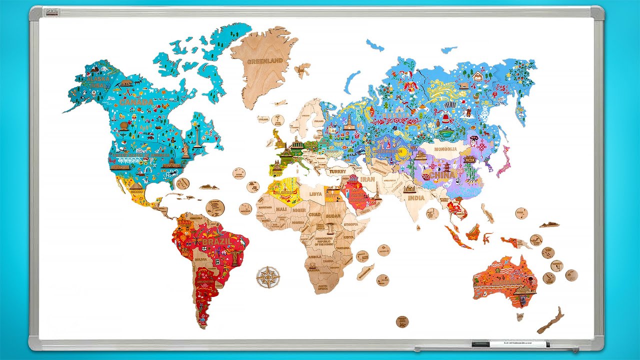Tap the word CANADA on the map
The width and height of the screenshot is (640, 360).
tap(135, 102)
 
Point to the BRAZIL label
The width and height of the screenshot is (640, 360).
tap(216, 242)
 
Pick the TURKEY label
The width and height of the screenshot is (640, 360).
tap(337, 171)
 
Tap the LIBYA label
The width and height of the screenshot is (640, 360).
tap(316, 193)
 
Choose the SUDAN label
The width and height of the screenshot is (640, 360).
tap(333, 216)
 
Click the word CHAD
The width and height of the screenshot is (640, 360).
tap(314, 214)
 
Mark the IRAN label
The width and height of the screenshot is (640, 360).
tap(367, 179)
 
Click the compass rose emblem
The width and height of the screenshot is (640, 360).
tap(268, 276)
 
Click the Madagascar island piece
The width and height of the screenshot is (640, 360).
tap(365, 272)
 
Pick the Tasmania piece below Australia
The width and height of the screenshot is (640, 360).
tap(520, 316)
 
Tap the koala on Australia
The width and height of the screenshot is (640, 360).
tap(523, 299)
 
